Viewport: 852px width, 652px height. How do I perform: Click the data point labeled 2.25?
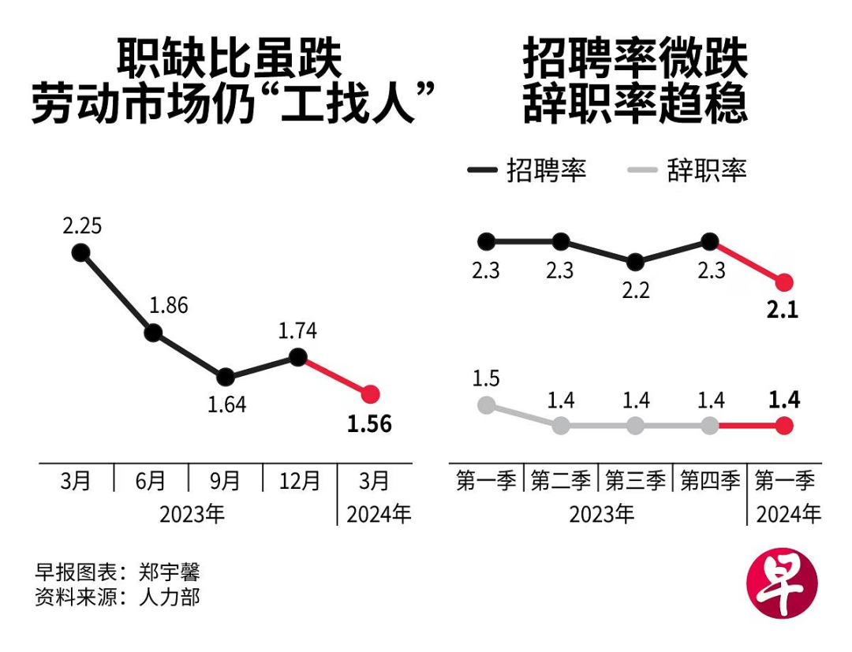click(80, 252)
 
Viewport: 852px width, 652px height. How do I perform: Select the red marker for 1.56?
click(370, 393)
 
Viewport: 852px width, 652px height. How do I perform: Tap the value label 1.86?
click(168, 305)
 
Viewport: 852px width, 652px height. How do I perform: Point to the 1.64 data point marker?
click(225, 376)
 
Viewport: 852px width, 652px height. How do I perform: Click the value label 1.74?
click(297, 331)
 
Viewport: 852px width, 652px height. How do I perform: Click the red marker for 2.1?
click(783, 281)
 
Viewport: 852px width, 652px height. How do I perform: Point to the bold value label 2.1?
click(783, 310)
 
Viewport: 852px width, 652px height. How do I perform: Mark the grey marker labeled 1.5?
click(486, 405)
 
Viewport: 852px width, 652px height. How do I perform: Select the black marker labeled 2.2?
click(636, 262)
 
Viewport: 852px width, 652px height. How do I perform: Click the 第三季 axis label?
click(635, 480)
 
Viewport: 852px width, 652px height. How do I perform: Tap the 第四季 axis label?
click(710, 480)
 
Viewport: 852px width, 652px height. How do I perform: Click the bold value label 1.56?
click(369, 424)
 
